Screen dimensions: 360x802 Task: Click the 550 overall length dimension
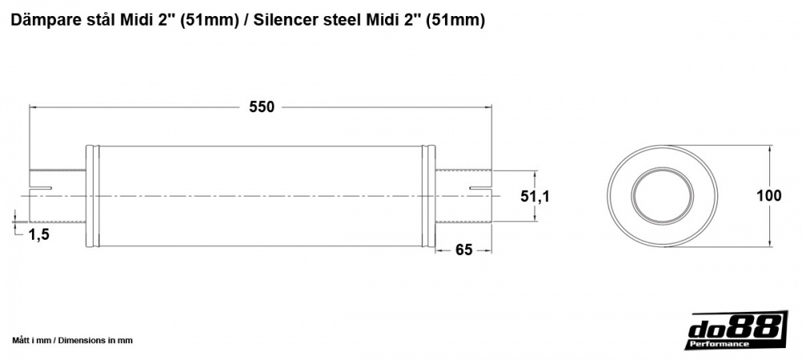tap(261, 107)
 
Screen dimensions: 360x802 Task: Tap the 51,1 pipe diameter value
tap(535, 196)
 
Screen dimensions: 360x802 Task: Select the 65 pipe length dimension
tap(463, 249)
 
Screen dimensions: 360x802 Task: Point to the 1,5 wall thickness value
tap(39, 234)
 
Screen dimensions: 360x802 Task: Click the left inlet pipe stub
tap(57, 196)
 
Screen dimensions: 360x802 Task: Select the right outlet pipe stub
tap(464, 196)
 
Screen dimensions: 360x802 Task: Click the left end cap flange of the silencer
tap(91, 196)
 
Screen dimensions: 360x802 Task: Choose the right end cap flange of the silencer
tap(431, 196)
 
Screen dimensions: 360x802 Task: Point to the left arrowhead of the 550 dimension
tap(33, 107)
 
